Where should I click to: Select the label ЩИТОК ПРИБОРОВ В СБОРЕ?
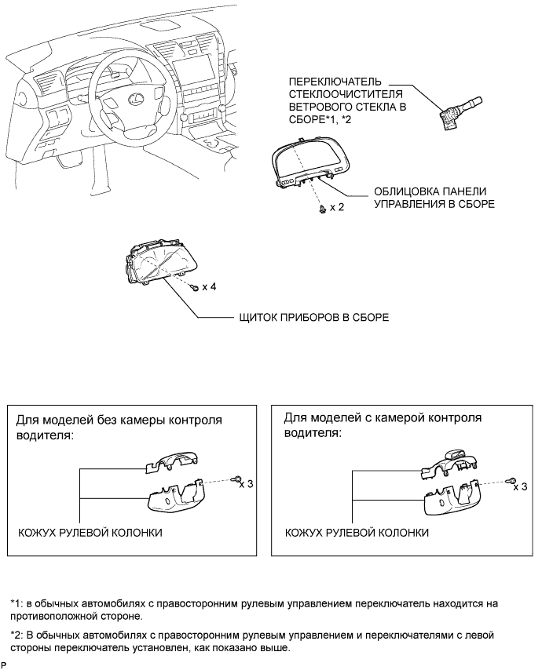[x=314, y=318]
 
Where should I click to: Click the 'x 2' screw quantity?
[x=337, y=207]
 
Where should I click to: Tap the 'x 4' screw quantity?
[x=209, y=286]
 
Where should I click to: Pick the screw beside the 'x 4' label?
[x=195, y=288]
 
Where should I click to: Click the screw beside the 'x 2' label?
[x=323, y=209]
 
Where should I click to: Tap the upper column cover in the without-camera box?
[x=171, y=463]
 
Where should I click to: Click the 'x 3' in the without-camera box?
[x=247, y=484]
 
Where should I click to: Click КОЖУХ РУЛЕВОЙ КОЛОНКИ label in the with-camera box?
[x=357, y=533]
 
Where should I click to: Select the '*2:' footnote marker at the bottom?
[x=16, y=635]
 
